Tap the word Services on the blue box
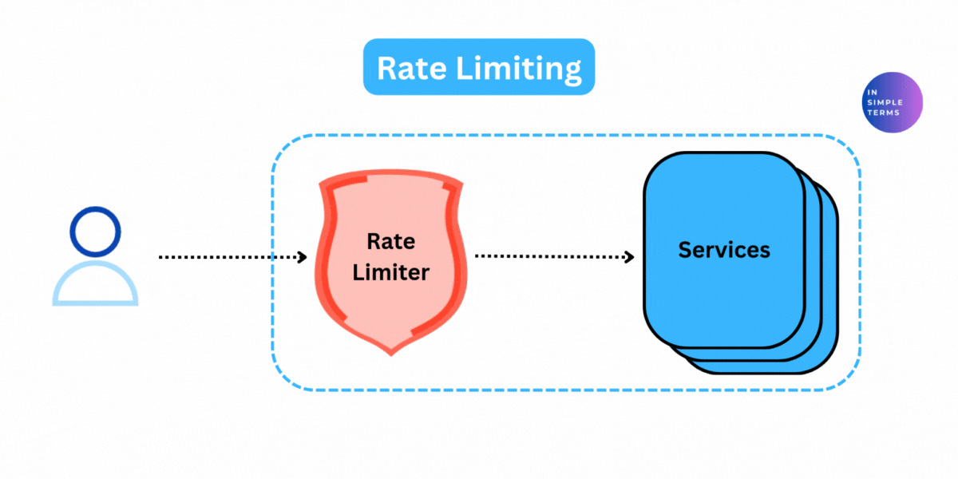[x=724, y=249]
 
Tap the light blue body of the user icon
[x=95, y=284]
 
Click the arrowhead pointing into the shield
[x=303, y=257]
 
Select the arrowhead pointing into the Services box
[x=629, y=257]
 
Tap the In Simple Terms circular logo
[x=893, y=102]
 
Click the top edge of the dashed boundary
[x=559, y=136]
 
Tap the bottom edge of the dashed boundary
[x=559, y=390]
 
